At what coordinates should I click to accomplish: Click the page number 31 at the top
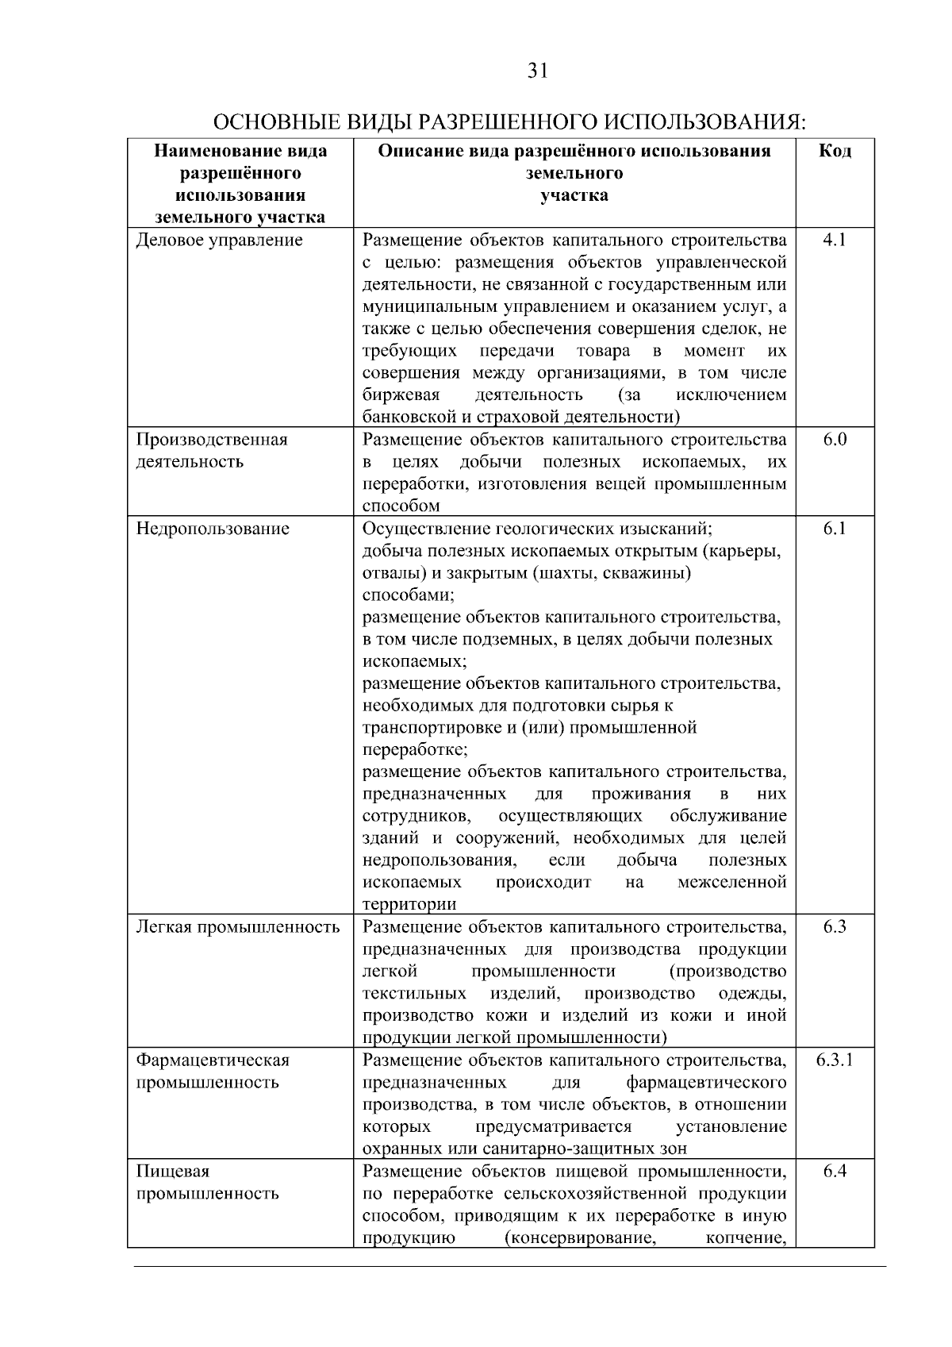pos(537,71)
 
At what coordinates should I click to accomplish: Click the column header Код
pos(835,151)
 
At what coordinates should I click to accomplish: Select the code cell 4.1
pos(835,240)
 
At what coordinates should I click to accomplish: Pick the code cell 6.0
pos(835,440)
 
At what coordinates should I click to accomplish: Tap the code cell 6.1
pos(835,529)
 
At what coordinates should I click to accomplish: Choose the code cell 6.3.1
pos(835,1060)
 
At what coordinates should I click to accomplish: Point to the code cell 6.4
pos(835,1172)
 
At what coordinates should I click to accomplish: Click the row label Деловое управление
pos(219,240)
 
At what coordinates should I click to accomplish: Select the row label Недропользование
pos(213,529)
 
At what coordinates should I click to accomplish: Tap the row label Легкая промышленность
pos(238,927)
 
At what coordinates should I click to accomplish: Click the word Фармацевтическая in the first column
pos(213,1060)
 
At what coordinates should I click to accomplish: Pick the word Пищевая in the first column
pos(173,1172)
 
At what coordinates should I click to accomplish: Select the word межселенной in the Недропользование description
pos(732,883)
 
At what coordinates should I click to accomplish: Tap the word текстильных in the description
pos(414,994)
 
